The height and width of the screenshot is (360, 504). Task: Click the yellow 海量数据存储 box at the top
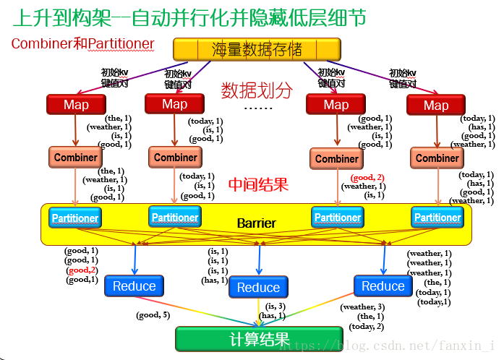[256, 49]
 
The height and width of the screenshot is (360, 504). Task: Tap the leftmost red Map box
[76, 105]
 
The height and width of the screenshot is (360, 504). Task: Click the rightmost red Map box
[435, 106]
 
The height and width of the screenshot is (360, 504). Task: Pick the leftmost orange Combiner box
[75, 158]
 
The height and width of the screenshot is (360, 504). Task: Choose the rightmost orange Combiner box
[437, 158]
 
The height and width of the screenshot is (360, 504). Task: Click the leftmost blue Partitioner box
[74, 218]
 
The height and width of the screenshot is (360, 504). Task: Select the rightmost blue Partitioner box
[437, 217]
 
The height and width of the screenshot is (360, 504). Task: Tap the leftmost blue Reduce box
[134, 286]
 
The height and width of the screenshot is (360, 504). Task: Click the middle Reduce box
[258, 288]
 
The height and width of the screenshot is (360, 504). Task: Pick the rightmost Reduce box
[383, 286]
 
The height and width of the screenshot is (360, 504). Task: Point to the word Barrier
[256, 223]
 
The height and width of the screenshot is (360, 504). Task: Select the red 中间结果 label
[258, 184]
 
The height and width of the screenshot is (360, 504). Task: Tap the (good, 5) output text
[153, 315]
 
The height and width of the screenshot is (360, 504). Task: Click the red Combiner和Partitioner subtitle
[82, 44]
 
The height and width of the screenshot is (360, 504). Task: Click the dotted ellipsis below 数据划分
[257, 108]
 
